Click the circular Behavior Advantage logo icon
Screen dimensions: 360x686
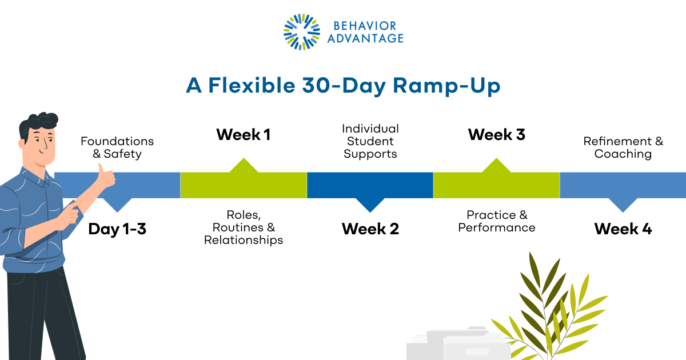[x=302, y=31]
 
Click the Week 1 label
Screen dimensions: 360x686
[x=243, y=135]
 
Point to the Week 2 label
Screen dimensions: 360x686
[x=370, y=229]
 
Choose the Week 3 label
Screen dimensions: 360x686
[x=496, y=135]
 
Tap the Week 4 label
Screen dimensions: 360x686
[x=623, y=229]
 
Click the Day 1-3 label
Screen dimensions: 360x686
[x=117, y=229]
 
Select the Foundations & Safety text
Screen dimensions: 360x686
[x=117, y=147]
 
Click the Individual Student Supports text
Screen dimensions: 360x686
[x=370, y=141]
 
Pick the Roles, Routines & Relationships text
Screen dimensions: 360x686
[x=244, y=227]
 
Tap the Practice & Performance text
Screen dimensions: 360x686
[x=497, y=221]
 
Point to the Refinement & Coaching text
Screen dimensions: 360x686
[x=623, y=147]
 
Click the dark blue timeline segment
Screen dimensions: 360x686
[x=370, y=185]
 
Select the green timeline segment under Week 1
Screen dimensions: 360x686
[x=244, y=185]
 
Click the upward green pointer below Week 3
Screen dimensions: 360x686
[x=496, y=166]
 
